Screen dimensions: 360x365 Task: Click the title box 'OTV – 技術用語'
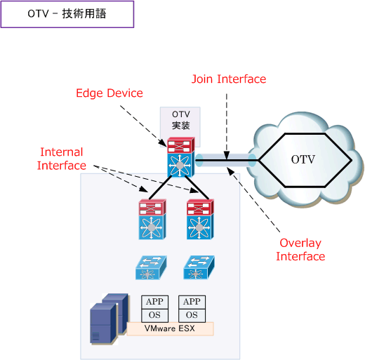click(x=67, y=14)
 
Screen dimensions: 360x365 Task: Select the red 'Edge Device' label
click(x=109, y=93)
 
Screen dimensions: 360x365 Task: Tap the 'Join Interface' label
click(x=229, y=79)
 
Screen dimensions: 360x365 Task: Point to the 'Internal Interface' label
click(x=62, y=159)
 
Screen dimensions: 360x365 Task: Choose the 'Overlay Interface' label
click(x=300, y=250)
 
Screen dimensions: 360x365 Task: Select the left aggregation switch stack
click(x=152, y=219)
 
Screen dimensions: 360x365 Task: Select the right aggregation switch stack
click(x=199, y=219)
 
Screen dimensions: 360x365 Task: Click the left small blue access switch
click(x=150, y=267)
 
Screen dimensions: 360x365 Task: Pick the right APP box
click(x=192, y=302)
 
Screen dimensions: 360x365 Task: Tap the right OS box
click(x=192, y=315)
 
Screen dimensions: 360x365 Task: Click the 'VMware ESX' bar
click(x=169, y=328)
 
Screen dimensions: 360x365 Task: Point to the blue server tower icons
click(x=109, y=320)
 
